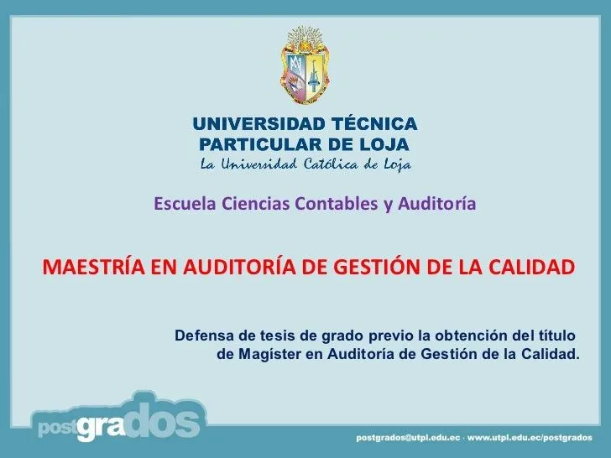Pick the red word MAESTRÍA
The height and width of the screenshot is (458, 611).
pos(93,267)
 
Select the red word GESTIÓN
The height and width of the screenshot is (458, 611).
pos(379,267)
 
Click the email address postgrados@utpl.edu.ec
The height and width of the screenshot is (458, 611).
pos(409,438)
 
